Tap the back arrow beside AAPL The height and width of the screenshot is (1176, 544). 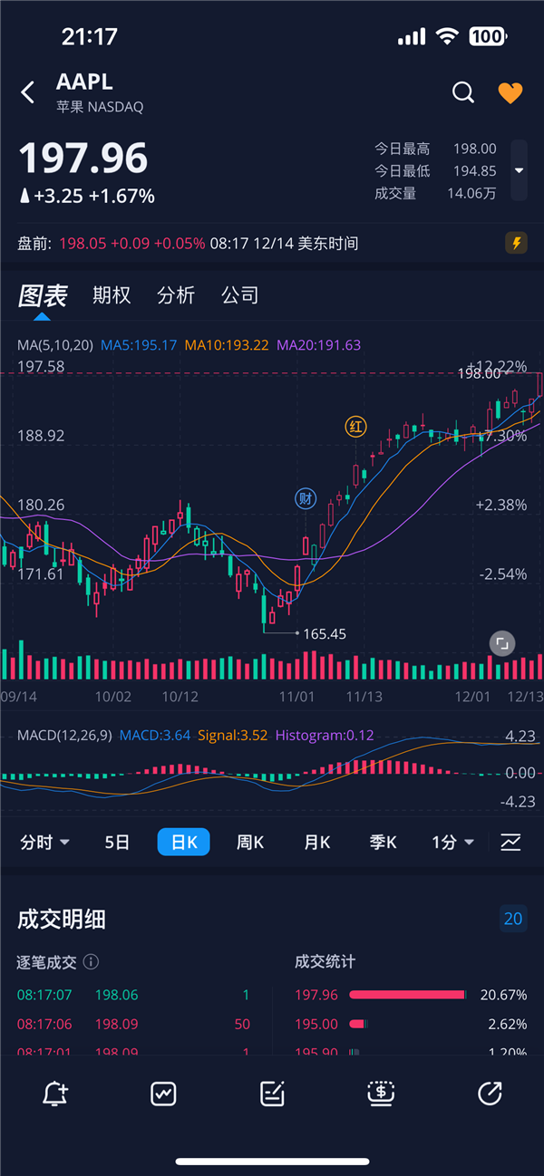click(x=28, y=92)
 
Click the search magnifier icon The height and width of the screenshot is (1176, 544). click(x=463, y=92)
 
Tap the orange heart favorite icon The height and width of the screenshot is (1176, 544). click(x=510, y=92)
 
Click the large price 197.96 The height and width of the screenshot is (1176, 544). click(x=83, y=159)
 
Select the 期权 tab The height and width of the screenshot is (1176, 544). click(x=112, y=295)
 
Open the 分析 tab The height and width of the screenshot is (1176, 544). click(x=176, y=295)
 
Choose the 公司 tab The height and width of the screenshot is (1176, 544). click(x=240, y=295)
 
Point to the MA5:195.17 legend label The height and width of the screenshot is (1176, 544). click(x=139, y=345)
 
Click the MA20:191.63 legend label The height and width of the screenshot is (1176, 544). click(x=318, y=345)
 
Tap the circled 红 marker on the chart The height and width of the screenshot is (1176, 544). click(x=356, y=427)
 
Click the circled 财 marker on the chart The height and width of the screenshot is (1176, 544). click(x=306, y=497)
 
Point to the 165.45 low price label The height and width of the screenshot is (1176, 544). click(x=325, y=634)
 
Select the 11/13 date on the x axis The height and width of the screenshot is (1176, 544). click(x=364, y=697)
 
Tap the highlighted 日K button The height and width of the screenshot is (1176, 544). click(x=184, y=843)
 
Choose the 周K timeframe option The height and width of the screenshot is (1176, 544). click(x=250, y=843)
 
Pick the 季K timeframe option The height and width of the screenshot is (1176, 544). click(x=383, y=843)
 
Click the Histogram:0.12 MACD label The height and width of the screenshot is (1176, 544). click(x=325, y=736)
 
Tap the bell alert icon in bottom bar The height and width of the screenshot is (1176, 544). click(x=54, y=1094)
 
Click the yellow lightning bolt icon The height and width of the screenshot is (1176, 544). click(x=516, y=243)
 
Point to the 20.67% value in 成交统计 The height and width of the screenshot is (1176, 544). click(x=503, y=995)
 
